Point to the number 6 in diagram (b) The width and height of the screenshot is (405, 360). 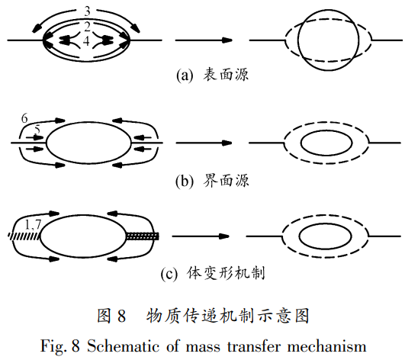(x=25, y=118)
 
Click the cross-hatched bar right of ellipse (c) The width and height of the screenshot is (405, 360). (x=143, y=236)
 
